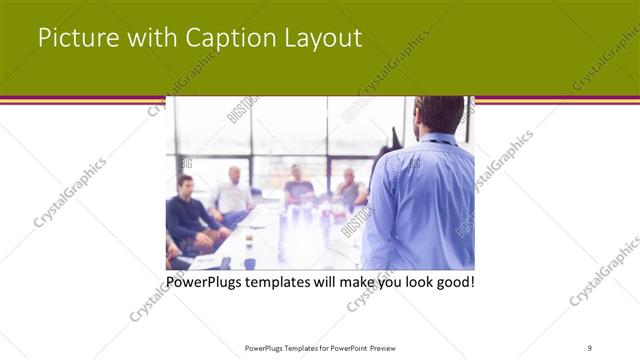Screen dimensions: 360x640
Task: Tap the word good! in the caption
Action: [451, 282]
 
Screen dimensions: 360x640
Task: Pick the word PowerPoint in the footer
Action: [343, 347]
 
